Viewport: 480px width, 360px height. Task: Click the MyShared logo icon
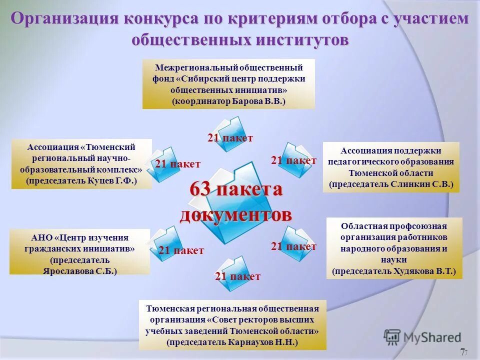pos(392,336)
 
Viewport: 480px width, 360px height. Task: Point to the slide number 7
pos(462,351)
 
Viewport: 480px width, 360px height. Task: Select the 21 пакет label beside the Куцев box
pos(177,164)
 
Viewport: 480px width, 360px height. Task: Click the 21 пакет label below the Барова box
pos(230,138)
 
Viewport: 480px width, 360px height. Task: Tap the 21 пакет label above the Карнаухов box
pos(237,276)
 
